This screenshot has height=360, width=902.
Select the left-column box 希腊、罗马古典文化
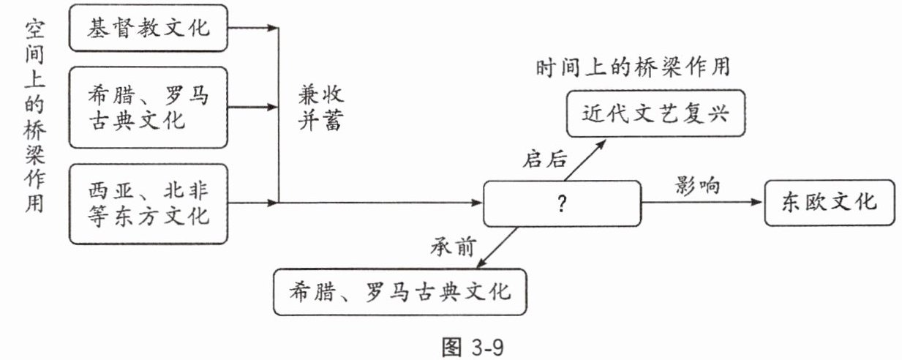pos(148,107)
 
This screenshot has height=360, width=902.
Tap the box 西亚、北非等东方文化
pos(148,204)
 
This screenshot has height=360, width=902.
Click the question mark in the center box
pos(561,205)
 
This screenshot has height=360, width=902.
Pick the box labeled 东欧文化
pos(829,202)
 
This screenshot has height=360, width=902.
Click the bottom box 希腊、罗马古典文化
pos(399,292)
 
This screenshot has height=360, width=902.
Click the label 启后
pos(546,158)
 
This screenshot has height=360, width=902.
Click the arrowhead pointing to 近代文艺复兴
pos(602,142)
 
